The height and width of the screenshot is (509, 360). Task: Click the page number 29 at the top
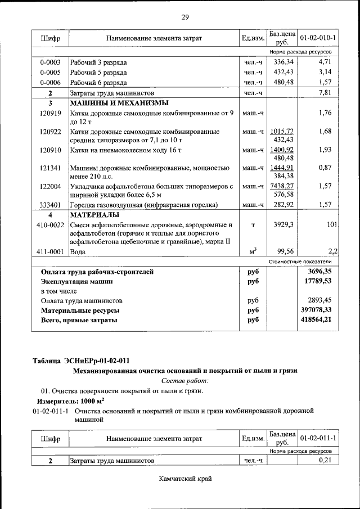click(184, 17)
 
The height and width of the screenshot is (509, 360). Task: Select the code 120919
click(50, 113)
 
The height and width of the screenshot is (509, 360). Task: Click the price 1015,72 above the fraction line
click(282, 131)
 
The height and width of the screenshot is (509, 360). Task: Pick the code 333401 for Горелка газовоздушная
click(50, 205)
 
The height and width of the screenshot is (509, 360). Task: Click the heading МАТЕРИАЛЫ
click(94, 215)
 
